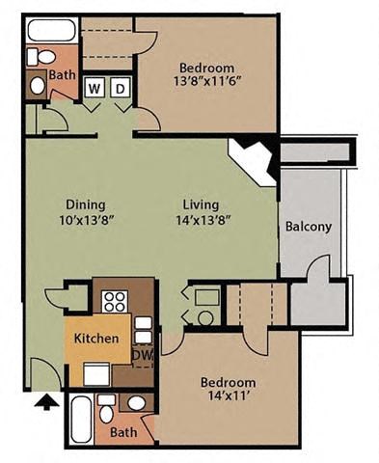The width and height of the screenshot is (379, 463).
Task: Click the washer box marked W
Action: [x=95, y=89]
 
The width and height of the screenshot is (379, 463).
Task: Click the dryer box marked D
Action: [x=120, y=89]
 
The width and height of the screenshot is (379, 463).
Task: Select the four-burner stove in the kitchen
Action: [x=115, y=300]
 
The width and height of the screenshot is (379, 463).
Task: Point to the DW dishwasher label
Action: [x=141, y=355]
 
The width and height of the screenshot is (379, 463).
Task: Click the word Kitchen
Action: [x=96, y=339]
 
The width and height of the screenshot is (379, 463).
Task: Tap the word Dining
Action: [x=85, y=204]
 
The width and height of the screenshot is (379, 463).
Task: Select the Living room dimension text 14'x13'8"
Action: [x=202, y=220]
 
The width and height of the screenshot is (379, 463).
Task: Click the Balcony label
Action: [x=309, y=228]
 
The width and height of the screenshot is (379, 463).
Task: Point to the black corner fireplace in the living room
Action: [x=254, y=156]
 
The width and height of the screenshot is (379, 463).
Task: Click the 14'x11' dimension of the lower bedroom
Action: [x=229, y=396]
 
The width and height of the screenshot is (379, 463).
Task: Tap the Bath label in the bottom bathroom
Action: [x=123, y=433]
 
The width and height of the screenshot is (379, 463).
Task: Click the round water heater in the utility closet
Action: [x=204, y=314]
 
